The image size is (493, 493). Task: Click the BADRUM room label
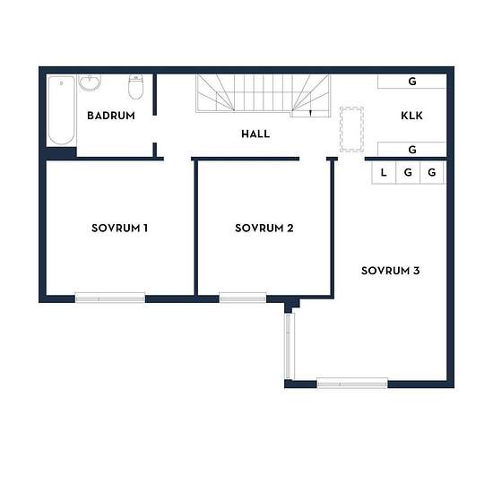tap(111, 116)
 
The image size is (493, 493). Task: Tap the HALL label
tap(255, 134)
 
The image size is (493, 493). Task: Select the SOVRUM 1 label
tap(119, 228)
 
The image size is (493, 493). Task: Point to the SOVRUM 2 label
tap(264, 228)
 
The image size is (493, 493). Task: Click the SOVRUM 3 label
tap(390, 271)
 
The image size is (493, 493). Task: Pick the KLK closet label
tap(412, 116)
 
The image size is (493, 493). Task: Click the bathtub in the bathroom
tap(62, 110)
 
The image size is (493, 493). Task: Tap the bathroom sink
tap(90, 82)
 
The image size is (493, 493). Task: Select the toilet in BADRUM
tap(136, 87)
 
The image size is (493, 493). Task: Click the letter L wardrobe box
tap(384, 172)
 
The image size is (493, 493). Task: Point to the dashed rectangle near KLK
tap(352, 130)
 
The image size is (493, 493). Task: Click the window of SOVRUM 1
tap(109, 298)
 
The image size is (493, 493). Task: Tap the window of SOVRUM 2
tap(243, 298)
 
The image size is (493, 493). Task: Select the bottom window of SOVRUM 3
tap(352, 383)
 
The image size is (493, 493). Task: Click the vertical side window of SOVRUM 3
tap(289, 346)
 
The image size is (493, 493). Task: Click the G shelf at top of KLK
tap(412, 82)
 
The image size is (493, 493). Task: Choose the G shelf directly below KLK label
tap(412, 150)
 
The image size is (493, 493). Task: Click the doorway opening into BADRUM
tap(155, 129)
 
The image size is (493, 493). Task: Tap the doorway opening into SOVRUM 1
tap(177, 159)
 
